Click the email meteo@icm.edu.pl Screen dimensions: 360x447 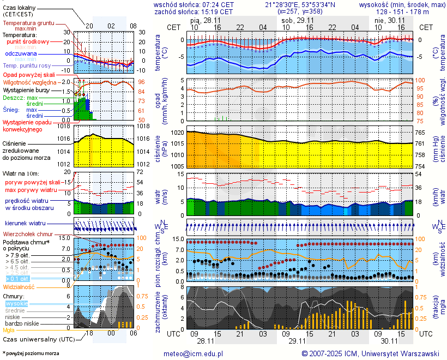(x=194, y=353)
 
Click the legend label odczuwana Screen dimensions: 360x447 (x=21, y=54)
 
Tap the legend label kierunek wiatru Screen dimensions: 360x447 (x=25, y=224)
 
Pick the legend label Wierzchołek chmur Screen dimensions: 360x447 (x=27, y=234)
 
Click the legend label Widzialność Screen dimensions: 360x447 (x=19, y=286)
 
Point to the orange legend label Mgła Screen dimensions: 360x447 (x=9, y=330)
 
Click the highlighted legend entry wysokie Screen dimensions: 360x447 (x=16, y=303)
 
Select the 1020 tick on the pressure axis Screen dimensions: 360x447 (x=177, y=133)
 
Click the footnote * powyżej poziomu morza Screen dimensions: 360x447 (x=31, y=353)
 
